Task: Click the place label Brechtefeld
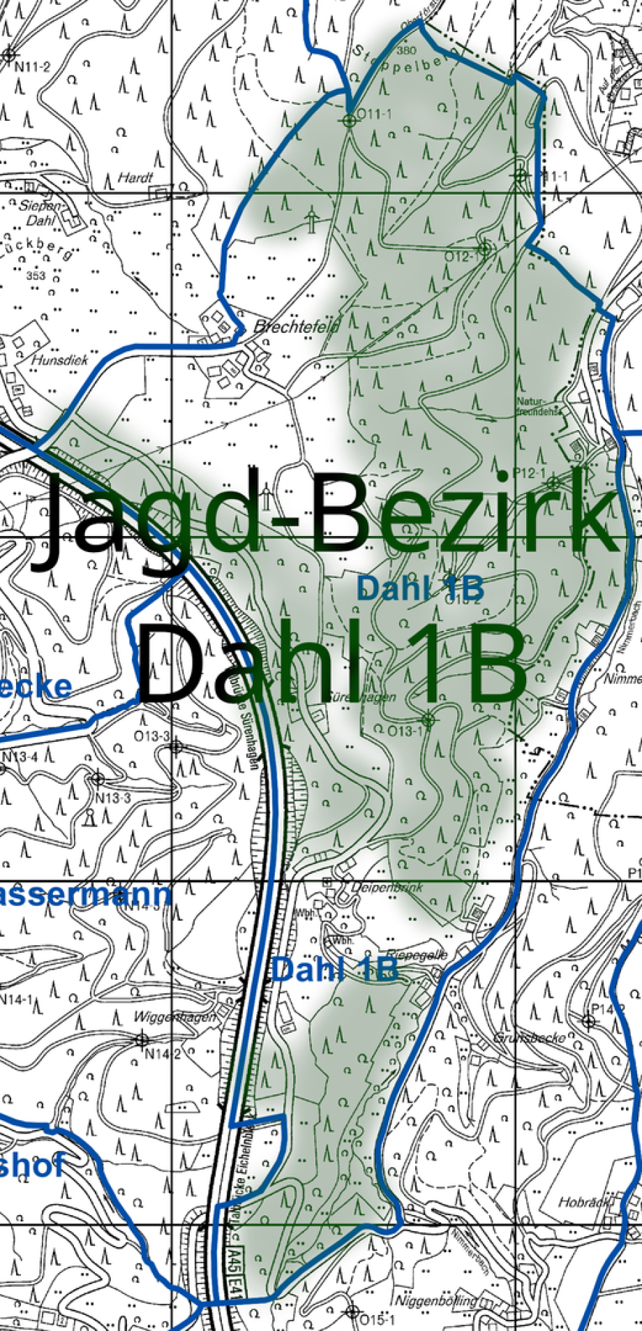pos(296,326)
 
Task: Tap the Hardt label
pos(135,178)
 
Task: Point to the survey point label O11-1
pos(375,113)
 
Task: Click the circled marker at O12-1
pos(484,248)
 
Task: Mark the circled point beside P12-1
pos(553,482)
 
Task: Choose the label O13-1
pos(405,731)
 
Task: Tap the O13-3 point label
pos(152,736)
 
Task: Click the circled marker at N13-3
pos(98,778)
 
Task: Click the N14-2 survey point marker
pos(142,1039)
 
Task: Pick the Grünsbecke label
pos(528,1038)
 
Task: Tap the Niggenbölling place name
pos(436,1301)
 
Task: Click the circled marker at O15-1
pos(352,1311)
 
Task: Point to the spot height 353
pos(36,276)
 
